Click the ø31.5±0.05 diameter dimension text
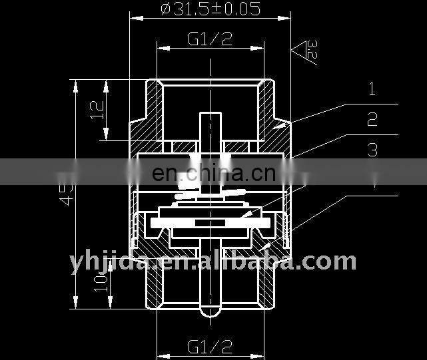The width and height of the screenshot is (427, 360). tap(211, 9)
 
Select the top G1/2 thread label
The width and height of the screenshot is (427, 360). tap(210, 39)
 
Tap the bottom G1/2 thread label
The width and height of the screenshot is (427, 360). tap(210, 346)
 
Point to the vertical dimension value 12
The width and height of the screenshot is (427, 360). tap(97, 110)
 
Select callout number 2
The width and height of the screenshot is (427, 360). tap(372, 120)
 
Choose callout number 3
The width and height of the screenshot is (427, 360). tap(372, 150)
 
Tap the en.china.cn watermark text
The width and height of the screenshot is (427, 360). tap(213, 174)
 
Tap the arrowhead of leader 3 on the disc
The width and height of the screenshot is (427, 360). tap(246, 214)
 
